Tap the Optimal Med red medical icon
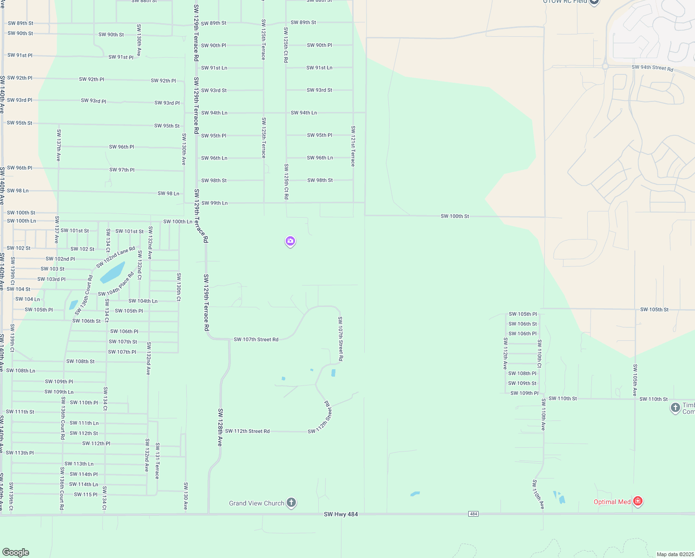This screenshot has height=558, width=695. [x=638, y=501]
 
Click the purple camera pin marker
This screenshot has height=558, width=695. [x=290, y=241]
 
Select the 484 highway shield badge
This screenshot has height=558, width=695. [x=473, y=514]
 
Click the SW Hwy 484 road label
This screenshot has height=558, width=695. [x=341, y=514]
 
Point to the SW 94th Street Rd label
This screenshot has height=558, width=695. [x=652, y=68]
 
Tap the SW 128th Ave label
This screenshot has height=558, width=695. [x=220, y=427]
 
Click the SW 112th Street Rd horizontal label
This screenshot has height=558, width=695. [x=247, y=432]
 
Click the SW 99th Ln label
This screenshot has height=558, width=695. [x=214, y=203]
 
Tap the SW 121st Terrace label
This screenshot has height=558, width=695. [x=353, y=146]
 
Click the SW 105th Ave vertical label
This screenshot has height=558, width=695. [x=635, y=380]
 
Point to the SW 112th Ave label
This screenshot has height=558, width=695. [x=505, y=353]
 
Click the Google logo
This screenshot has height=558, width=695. [x=15, y=552]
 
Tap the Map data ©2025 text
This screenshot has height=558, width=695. [x=675, y=554]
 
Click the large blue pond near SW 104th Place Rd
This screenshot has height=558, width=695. [x=112, y=272]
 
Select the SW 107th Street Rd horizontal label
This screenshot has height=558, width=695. [x=256, y=339]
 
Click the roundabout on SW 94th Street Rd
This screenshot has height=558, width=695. [x=605, y=66]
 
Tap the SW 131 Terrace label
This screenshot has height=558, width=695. [x=157, y=461]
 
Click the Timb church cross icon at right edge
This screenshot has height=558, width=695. [x=675, y=408]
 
